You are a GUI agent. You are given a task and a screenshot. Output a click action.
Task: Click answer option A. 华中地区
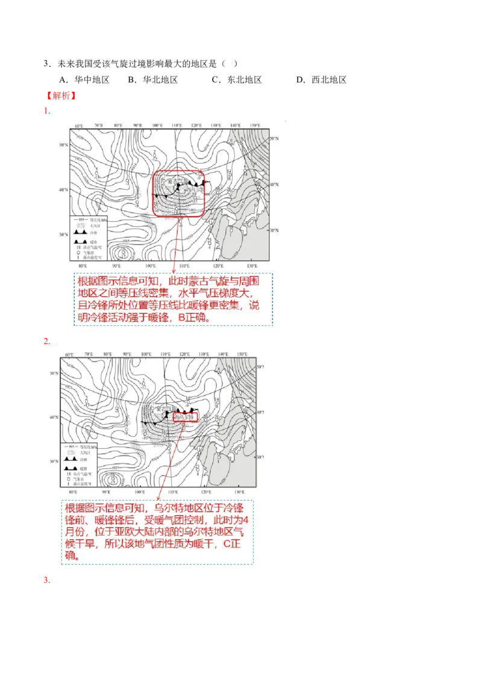pyautogui.click(x=84, y=80)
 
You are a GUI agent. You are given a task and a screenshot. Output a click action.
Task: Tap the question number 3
pyautogui.click(x=46, y=64)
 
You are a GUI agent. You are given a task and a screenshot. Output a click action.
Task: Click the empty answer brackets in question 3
pyautogui.click(x=230, y=64)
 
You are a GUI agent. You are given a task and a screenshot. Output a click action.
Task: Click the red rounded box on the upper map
pyautogui.click(x=178, y=193)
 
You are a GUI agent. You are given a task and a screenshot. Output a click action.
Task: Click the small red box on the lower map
pyautogui.click(x=186, y=417)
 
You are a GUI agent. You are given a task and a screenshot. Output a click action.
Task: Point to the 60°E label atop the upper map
pyautogui.click(x=79, y=126)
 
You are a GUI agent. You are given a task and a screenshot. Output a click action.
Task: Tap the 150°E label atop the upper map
pyautogui.click(x=255, y=126)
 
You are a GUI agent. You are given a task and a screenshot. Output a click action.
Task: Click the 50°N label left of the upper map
pyautogui.click(x=63, y=145)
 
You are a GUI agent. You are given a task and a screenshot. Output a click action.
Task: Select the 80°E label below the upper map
pyautogui.click(x=82, y=266)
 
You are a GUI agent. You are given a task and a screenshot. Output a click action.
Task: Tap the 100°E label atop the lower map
pyautogui.click(x=145, y=355)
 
